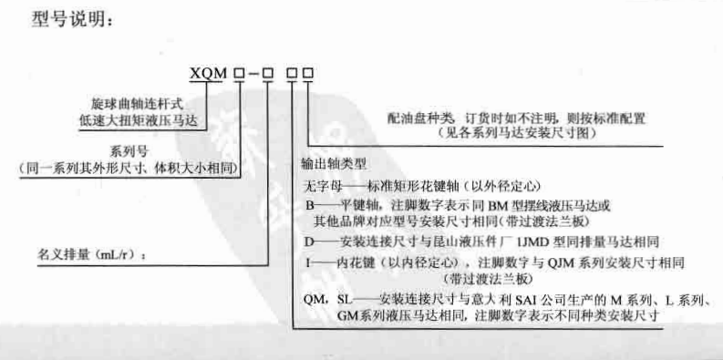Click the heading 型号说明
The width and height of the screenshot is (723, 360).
(68, 18)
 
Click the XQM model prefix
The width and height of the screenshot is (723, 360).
(206, 73)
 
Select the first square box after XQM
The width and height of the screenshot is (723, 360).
(239, 73)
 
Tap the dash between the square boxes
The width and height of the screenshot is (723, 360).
(253, 74)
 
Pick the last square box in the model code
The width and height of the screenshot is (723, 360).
(308, 73)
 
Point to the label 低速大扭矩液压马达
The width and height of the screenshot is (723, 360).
(138, 121)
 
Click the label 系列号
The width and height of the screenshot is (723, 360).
(123, 150)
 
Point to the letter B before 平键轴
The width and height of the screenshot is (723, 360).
(309, 205)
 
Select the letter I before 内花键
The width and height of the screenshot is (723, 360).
(308, 263)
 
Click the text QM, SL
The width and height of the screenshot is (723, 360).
(327, 300)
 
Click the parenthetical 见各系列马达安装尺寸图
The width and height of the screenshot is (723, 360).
(519, 134)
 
